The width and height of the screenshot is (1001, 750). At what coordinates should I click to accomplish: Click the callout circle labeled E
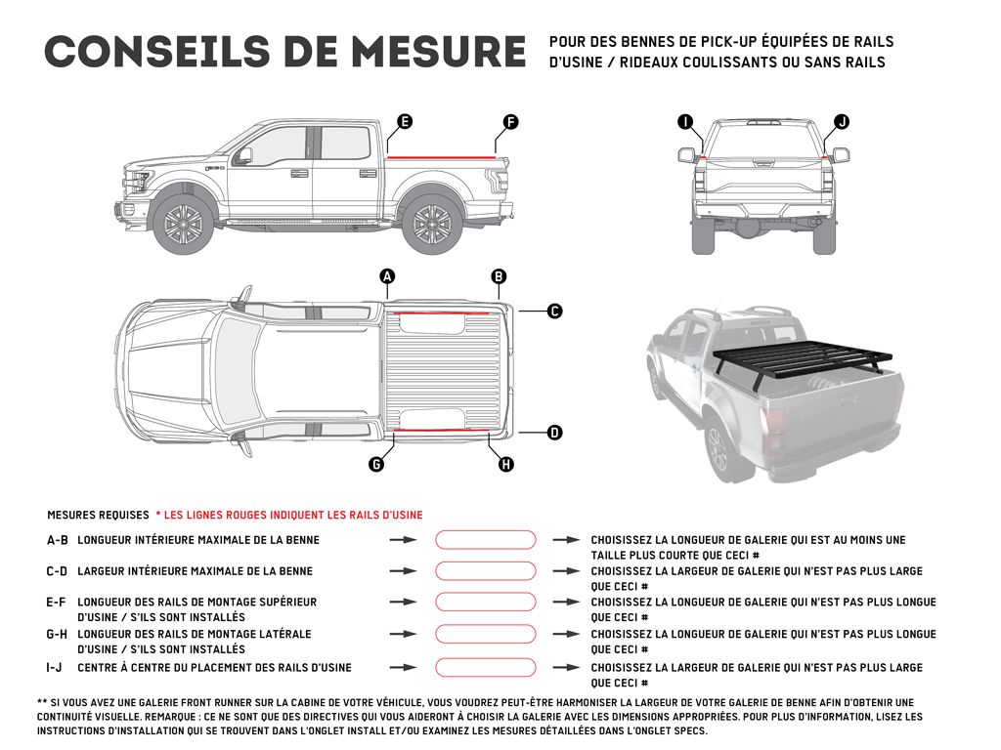click(x=404, y=122)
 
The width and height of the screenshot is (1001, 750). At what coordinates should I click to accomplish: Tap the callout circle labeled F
click(x=510, y=122)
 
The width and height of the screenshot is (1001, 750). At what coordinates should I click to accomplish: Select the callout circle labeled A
click(x=387, y=276)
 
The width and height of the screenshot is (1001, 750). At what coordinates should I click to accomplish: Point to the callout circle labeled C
click(x=554, y=312)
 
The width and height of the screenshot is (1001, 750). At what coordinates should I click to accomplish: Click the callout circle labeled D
click(x=554, y=432)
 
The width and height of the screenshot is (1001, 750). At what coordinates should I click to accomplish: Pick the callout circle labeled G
click(x=375, y=465)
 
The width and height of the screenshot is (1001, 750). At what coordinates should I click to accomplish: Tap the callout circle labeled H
click(x=506, y=465)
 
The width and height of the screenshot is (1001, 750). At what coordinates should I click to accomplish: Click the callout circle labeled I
click(x=685, y=122)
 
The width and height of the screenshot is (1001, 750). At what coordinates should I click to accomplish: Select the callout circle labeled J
click(x=842, y=122)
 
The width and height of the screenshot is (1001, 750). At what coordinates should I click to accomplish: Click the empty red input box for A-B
click(x=486, y=539)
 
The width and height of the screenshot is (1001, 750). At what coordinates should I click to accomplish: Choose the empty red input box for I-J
click(x=486, y=668)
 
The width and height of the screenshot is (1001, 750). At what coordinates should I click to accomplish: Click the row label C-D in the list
click(x=57, y=571)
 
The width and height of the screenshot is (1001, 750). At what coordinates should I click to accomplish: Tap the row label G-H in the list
click(x=57, y=635)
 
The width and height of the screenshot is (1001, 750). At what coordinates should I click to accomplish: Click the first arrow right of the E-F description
click(x=403, y=603)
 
